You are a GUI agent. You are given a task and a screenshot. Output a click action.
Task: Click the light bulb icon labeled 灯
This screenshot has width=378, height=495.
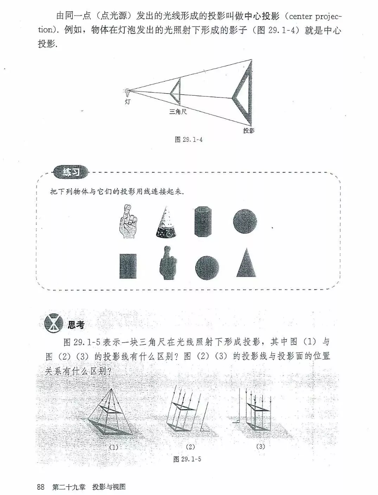point(127,93)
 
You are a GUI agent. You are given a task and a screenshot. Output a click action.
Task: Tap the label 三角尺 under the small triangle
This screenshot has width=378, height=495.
point(178,112)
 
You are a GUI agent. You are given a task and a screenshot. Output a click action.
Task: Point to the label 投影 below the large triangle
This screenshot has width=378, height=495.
point(249,131)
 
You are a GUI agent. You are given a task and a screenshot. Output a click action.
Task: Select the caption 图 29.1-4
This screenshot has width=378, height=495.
point(189,140)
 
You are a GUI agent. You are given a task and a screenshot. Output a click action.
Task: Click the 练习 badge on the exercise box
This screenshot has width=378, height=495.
point(71,172)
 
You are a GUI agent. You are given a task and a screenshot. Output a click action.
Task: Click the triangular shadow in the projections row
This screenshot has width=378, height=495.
point(246,263)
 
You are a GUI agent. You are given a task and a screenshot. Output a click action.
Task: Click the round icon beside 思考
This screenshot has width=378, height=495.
point(53,323)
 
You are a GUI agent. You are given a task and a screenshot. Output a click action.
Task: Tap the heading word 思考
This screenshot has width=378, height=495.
point(76,325)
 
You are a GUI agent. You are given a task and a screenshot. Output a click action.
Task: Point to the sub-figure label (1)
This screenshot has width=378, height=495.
point(113,448)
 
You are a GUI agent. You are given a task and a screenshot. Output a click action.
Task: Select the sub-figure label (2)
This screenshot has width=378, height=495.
point(190,447)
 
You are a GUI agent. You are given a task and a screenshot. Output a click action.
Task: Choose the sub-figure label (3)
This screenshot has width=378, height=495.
point(260,446)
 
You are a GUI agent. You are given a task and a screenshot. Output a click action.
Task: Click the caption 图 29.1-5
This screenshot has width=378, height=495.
point(187,459)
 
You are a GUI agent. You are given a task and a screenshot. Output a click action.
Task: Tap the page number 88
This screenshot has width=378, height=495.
point(41,487)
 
